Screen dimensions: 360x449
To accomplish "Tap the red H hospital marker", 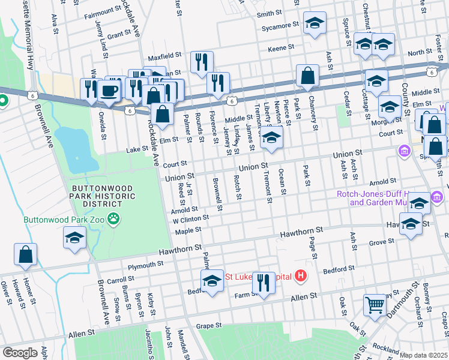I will click(301, 277).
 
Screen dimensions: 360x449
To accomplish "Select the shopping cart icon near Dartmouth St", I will click(375, 304).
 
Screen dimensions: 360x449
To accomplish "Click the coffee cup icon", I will click(109, 91).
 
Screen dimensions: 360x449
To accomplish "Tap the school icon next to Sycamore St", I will click(315, 24).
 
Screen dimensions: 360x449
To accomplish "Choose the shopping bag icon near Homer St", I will click(26, 254).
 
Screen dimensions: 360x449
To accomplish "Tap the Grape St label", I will click(209, 325).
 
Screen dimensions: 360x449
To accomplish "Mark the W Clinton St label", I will click(190, 219).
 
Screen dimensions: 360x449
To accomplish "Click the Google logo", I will click(20, 353).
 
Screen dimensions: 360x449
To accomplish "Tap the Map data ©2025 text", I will click(423, 355).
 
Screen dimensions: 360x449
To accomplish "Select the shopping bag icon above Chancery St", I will click(307, 76).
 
